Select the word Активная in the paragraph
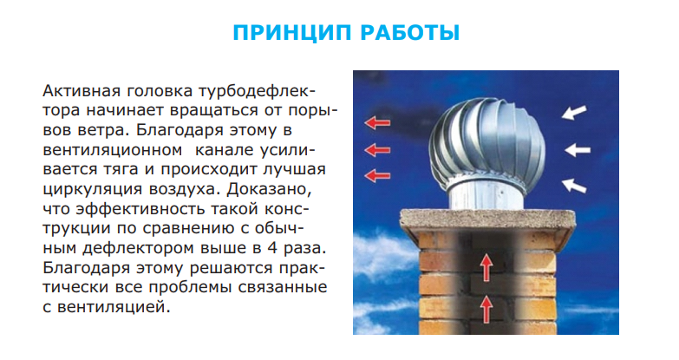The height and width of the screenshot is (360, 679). tap(81, 91)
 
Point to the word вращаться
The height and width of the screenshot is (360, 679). tap(212, 111)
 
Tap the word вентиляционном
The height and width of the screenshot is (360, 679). tap(112, 150)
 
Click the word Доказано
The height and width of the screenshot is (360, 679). tap(269, 189)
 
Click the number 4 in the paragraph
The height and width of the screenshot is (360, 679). tap(272, 248)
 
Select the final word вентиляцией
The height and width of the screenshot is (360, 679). tap(111, 307)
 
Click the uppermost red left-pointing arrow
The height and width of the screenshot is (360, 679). tap(377, 123)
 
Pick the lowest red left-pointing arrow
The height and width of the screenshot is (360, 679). tap(377, 176)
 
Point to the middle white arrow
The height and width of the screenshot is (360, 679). tap(578, 150)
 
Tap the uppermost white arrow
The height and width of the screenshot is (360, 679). tap(574, 113)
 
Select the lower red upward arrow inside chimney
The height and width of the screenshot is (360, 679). tap(486, 308)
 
